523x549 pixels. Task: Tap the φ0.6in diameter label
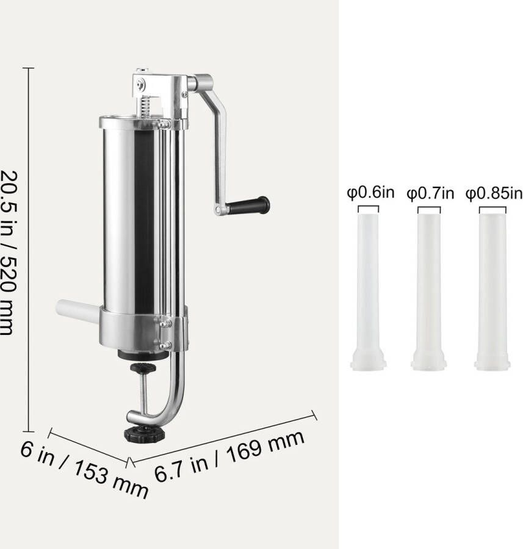(x=370, y=193)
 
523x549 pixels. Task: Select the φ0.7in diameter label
(x=430, y=193)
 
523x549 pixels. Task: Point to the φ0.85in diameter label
(x=494, y=193)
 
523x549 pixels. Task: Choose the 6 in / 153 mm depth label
(x=84, y=469)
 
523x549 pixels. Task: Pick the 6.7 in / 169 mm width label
(x=229, y=456)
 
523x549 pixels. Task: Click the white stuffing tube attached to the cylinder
(x=78, y=311)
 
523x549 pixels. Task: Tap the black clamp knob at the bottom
(x=144, y=434)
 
